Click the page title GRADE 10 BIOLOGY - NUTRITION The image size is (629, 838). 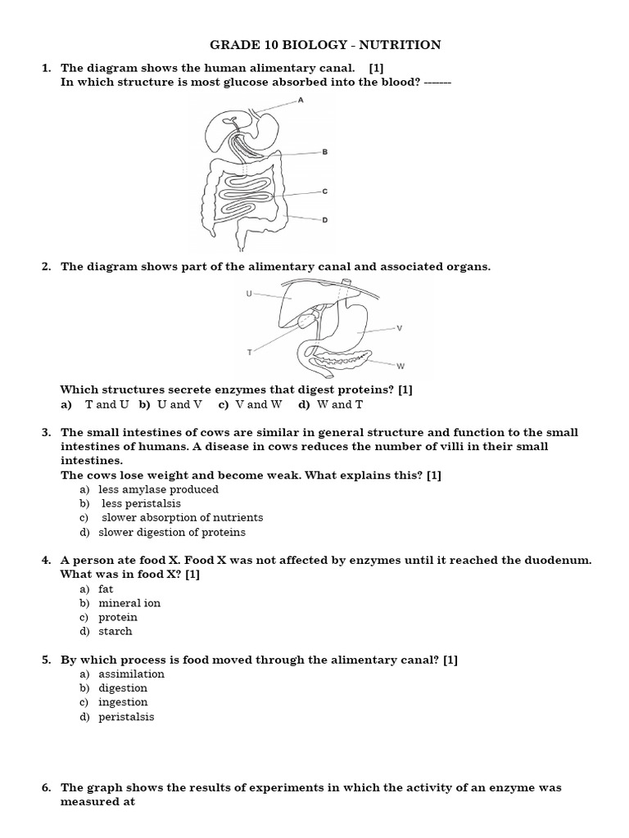point(325,45)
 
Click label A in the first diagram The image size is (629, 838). point(301,100)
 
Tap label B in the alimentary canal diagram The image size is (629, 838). point(325,152)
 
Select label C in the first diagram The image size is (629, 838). point(325,191)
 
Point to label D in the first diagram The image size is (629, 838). point(325,219)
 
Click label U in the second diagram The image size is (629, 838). point(248,293)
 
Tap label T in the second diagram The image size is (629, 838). point(249,352)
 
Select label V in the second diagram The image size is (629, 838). point(399,328)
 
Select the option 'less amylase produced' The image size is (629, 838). point(158,489)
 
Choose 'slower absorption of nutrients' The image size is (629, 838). point(182,517)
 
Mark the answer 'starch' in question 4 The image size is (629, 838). point(115,631)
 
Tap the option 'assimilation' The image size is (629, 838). point(131,674)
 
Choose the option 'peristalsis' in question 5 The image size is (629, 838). point(126,717)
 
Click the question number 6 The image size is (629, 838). point(46,788)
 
